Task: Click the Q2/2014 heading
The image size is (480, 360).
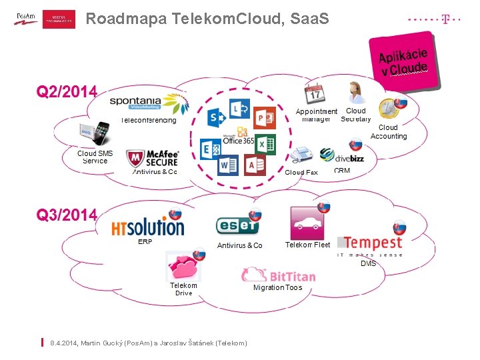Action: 67,91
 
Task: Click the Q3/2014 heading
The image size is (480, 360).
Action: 67,215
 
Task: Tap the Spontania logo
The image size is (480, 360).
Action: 149,104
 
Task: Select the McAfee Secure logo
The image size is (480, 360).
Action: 153,158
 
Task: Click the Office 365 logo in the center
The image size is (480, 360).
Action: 238,137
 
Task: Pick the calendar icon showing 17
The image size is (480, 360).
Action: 314,94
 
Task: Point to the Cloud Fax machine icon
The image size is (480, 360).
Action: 301,155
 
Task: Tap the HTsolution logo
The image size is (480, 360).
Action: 147,225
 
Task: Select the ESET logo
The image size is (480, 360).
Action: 237,226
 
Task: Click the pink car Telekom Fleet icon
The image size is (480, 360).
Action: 307,223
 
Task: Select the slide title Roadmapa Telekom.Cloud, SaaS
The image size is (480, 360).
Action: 207,19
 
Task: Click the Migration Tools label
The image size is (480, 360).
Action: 277,288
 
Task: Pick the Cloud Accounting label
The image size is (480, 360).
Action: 388,132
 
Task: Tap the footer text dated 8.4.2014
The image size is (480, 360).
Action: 153,343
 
